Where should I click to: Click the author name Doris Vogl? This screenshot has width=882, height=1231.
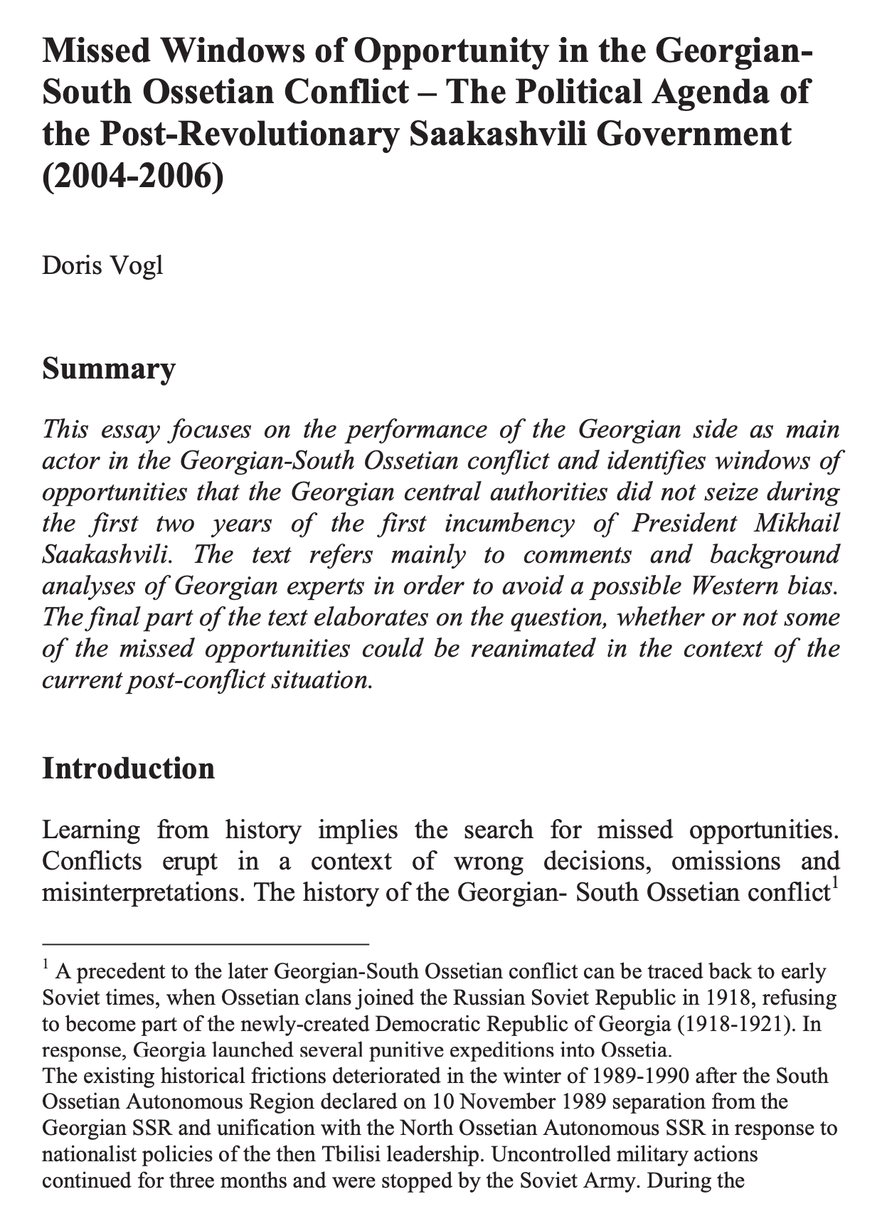(102, 265)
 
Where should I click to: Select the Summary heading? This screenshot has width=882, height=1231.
(108, 369)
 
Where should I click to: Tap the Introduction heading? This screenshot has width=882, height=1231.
(128, 769)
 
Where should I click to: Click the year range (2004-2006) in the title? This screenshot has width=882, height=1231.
(133, 171)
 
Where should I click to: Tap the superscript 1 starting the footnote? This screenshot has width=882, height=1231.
(46, 966)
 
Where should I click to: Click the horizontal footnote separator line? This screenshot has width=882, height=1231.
(206, 944)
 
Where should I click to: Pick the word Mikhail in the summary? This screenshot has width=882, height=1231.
(799, 524)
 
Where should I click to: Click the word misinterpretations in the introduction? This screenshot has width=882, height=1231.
(142, 892)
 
